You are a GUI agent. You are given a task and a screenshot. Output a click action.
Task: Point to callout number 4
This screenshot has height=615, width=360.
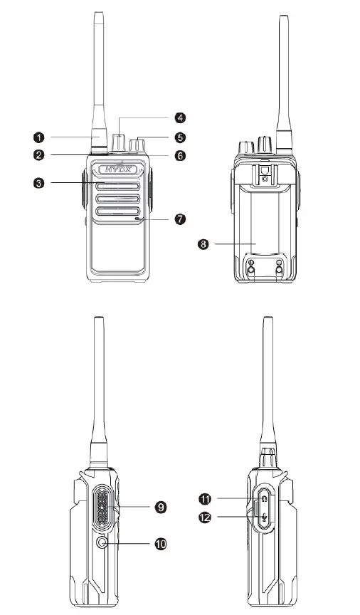[181, 117]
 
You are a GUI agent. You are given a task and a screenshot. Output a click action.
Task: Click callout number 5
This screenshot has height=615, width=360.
[181, 136]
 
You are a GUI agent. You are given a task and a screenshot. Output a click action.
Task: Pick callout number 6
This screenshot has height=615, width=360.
[181, 154]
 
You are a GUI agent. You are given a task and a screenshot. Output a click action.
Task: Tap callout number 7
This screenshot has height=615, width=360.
[181, 219]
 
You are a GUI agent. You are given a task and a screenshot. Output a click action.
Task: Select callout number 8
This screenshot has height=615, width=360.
[203, 244]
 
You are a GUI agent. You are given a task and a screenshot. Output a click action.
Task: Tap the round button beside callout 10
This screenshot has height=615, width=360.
[105, 544]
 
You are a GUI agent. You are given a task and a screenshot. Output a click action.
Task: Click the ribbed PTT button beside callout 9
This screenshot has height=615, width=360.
[102, 508]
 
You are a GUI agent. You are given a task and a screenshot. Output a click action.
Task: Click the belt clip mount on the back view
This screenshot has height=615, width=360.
[264, 174]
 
